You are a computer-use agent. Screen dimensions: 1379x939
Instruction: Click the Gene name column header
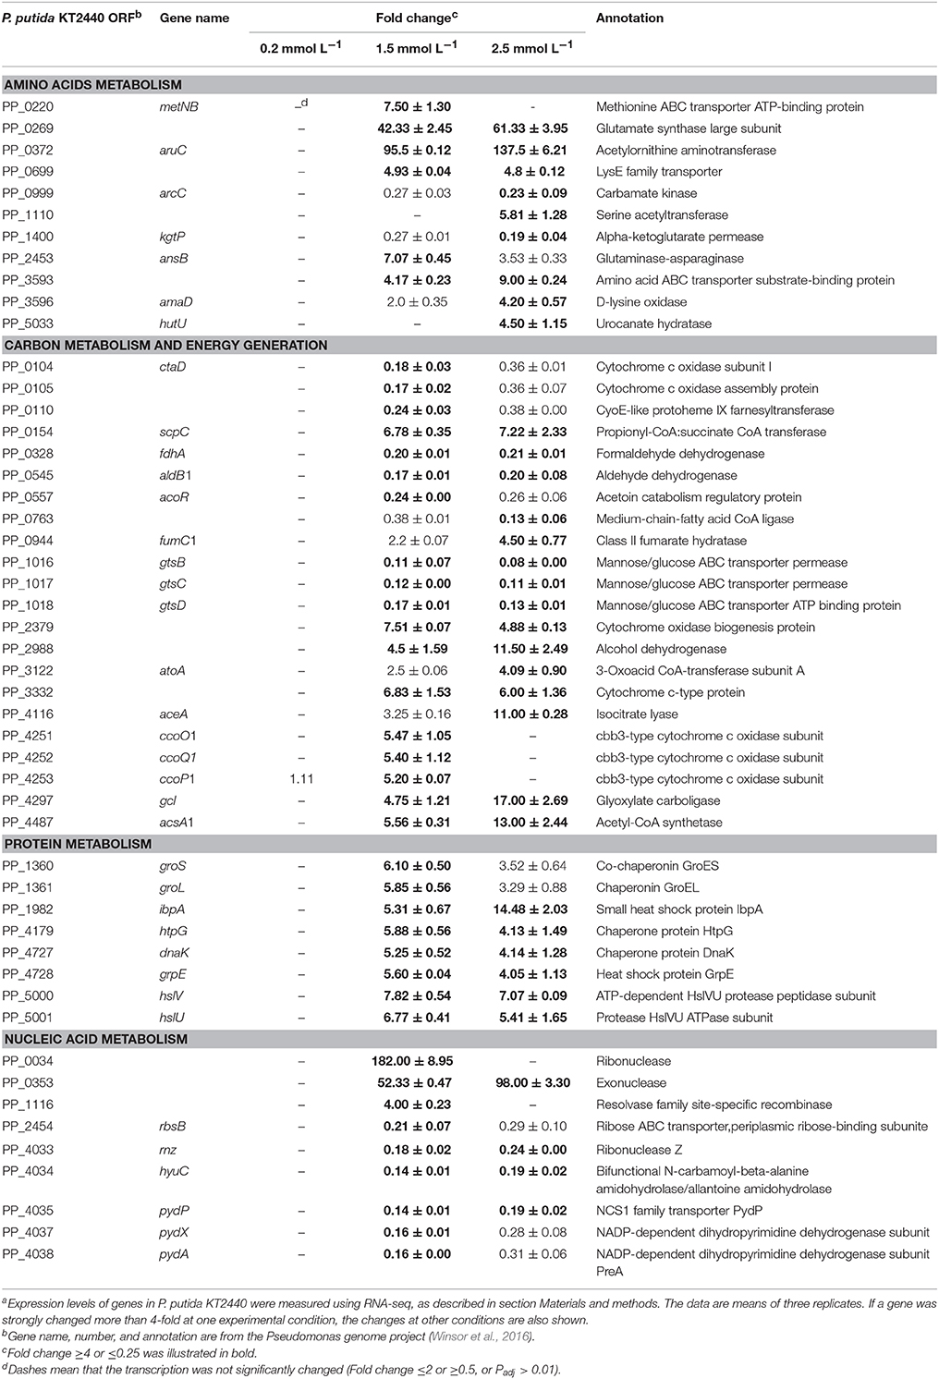point(193,18)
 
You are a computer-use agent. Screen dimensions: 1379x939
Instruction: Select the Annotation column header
point(629,18)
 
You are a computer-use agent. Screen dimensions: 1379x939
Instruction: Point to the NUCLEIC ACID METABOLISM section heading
point(95,1039)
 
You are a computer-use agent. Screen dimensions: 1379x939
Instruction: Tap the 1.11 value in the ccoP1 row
point(301,779)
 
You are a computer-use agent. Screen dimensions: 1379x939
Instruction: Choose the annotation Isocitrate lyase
point(637,714)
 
